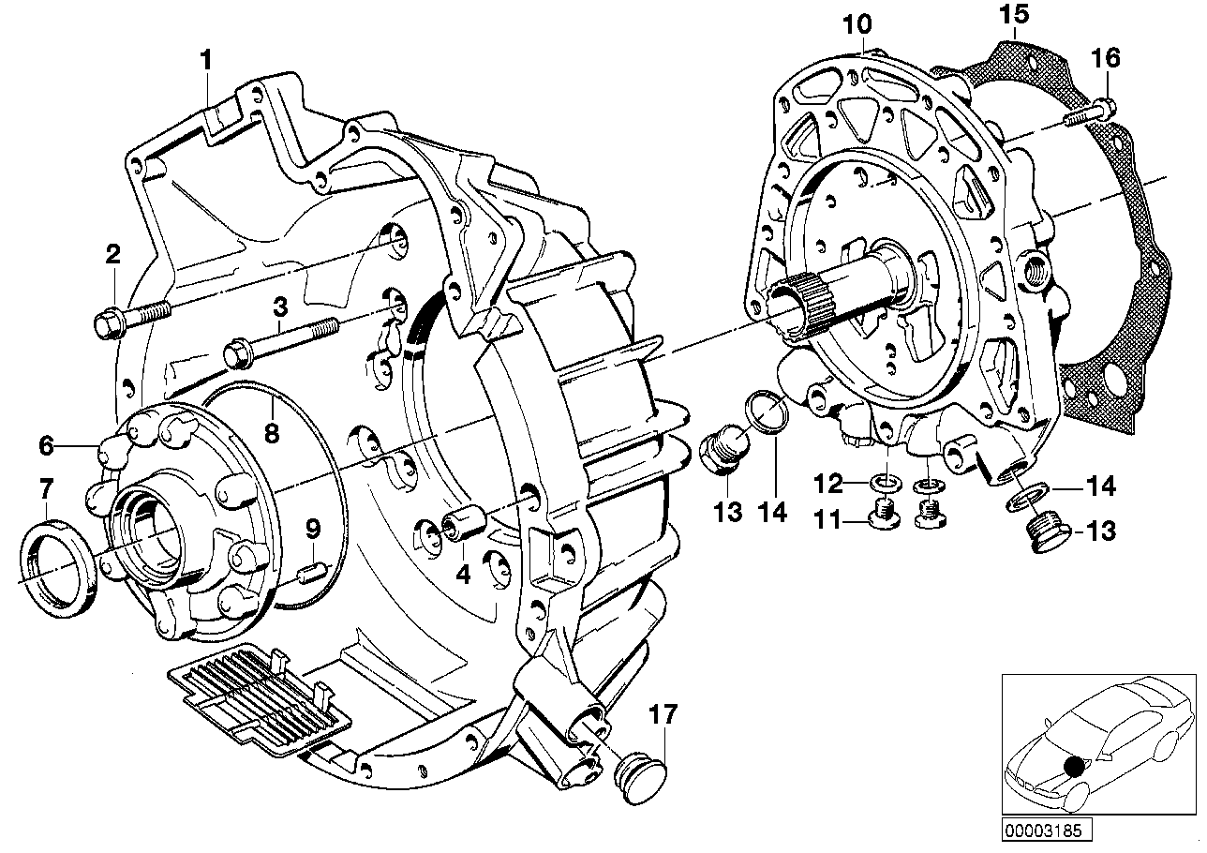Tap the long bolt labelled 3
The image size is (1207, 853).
(281, 339)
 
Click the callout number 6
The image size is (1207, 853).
(46, 446)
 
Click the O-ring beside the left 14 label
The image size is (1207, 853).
(763, 413)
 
